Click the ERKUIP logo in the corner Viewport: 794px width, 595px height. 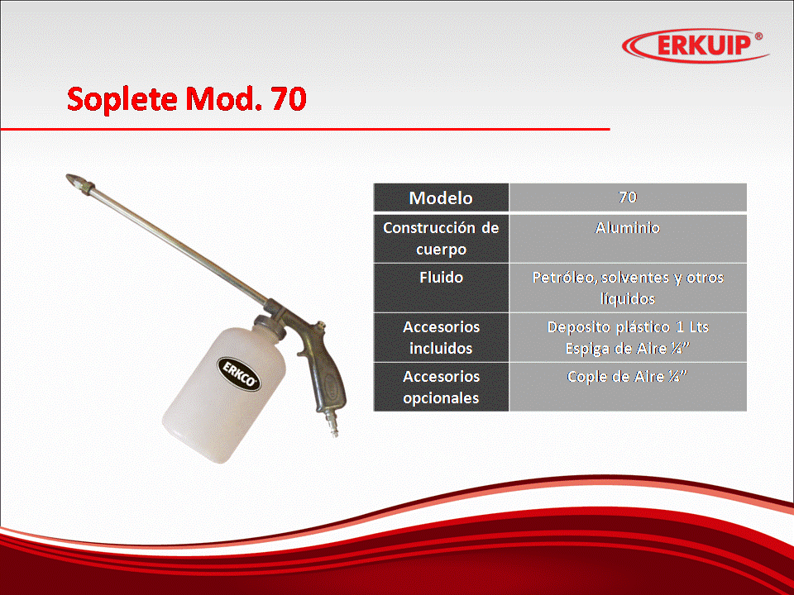click(x=695, y=45)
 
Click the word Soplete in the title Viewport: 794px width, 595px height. click(x=123, y=99)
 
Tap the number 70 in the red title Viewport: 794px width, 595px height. click(x=289, y=98)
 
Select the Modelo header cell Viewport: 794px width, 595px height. click(x=441, y=198)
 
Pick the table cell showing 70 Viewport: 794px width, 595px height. click(x=628, y=198)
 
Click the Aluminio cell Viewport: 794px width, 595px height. click(x=628, y=238)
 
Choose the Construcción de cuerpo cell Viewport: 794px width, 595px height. click(x=441, y=238)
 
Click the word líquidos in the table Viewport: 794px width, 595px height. click(x=628, y=299)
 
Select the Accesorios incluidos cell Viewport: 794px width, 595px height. click(x=441, y=337)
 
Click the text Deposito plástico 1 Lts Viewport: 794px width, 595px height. click(x=628, y=327)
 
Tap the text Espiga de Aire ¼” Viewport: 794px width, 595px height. click(x=628, y=349)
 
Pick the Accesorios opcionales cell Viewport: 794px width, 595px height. click(x=441, y=387)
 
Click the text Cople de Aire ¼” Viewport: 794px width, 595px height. click(x=628, y=377)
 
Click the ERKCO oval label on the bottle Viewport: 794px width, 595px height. click(x=240, y=374)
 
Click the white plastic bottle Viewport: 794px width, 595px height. click(x=226, y=391)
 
